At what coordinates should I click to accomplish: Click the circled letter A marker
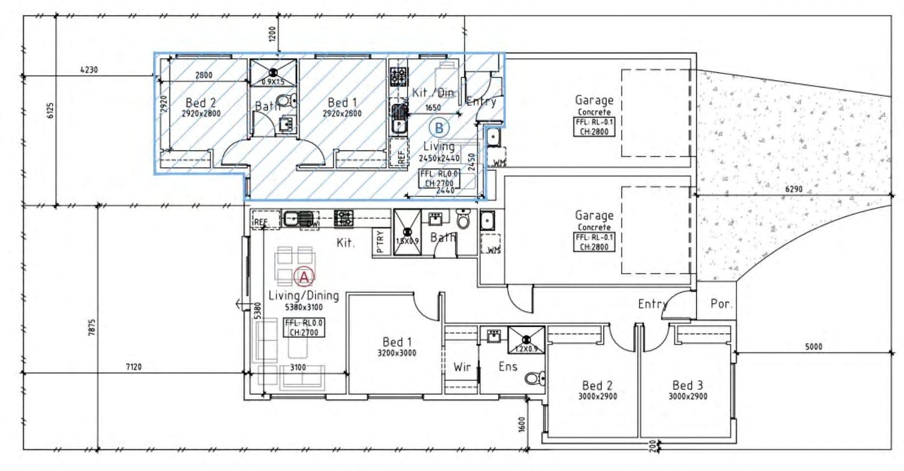(304, 277)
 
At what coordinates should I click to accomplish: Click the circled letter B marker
(438, 128)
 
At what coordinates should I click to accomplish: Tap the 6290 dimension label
(794, 189)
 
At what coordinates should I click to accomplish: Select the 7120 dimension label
(133, 367)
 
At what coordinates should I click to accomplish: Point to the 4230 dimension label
(89, 70)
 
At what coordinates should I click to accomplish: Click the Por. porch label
(721, 304)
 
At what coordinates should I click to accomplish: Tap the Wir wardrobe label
(462, 367)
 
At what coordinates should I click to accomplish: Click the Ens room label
(508, 366)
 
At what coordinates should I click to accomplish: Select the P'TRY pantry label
(381, 241)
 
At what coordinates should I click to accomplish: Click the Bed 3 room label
(688, 385)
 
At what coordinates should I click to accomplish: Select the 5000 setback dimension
(813, 347)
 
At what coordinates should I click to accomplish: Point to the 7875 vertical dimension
(92, 327)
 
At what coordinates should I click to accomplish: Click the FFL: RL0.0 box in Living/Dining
(304, 327)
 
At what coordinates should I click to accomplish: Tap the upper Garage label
(594, 100)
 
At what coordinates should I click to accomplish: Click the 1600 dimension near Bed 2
(521, 424)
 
